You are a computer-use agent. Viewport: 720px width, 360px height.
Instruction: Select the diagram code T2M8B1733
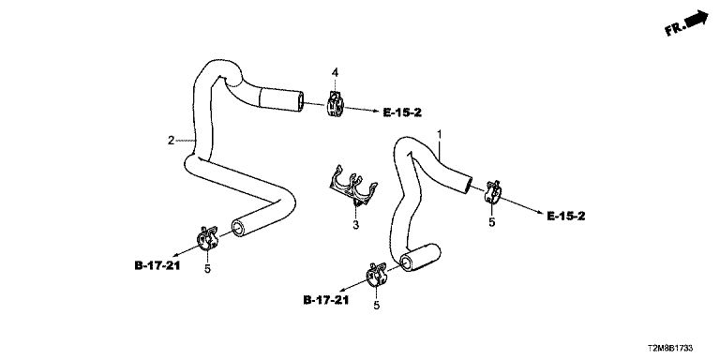670,349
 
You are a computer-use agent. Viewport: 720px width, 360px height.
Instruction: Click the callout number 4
336,72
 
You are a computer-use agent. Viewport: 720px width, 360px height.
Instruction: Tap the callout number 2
171,141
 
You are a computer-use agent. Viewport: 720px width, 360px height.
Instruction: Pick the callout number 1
439,134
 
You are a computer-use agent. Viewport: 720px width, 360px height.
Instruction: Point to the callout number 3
356,225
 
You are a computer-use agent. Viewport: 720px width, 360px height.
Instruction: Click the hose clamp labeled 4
335,105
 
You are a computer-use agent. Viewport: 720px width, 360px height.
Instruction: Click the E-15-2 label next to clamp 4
402,112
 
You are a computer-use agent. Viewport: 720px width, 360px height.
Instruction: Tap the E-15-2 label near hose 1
566,216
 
